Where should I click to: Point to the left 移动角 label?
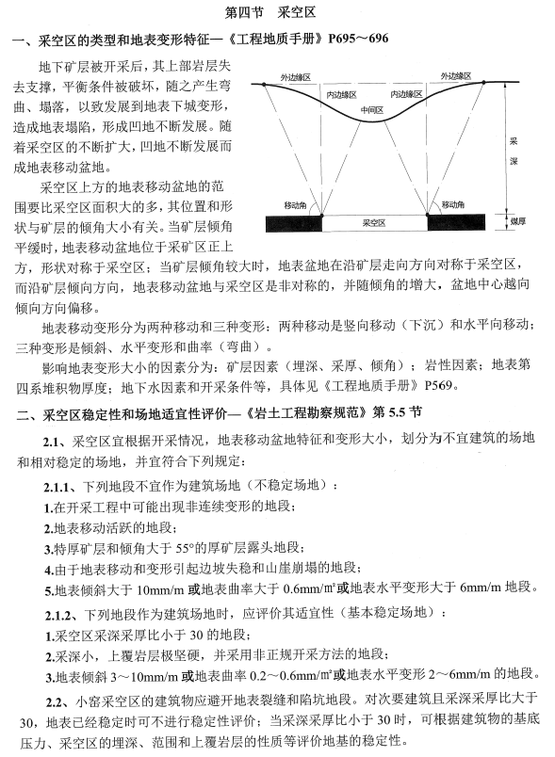point(294,203)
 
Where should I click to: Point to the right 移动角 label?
point(450,203)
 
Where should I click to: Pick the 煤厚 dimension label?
point(514,224)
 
